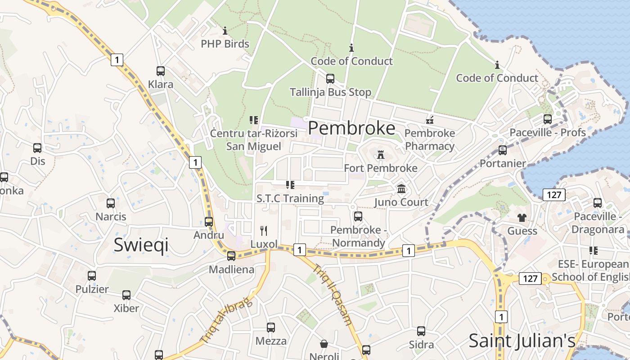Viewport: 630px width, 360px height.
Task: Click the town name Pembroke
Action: point(351,128)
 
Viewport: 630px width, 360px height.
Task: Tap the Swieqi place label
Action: point(141,245)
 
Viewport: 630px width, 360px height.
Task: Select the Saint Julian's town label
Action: point(522,341)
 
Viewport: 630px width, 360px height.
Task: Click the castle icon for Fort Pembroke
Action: point(381,155)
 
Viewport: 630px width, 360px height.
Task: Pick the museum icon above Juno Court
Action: point(401,189)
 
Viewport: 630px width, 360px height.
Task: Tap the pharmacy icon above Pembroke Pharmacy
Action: point(430,120)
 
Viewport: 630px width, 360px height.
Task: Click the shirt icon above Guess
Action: point(522,218)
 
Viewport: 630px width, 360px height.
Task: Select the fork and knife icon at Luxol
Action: point(264,231)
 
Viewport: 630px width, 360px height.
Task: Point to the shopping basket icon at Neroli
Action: point(324,344)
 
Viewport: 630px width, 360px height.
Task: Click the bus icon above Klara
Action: point(161,71)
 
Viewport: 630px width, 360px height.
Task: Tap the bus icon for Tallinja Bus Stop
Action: point(330,79)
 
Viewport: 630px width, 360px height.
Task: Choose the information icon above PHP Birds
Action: point(225,31)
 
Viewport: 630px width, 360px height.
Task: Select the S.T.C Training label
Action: point(290,198)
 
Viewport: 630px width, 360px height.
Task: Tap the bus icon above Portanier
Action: point(503,150)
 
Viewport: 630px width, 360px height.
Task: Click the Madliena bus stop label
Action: point(231,270)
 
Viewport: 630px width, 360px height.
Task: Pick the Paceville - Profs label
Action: point(547,132)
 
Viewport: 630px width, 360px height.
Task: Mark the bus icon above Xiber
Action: point(126,295)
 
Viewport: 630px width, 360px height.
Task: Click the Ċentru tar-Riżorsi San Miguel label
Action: point(254,140)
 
